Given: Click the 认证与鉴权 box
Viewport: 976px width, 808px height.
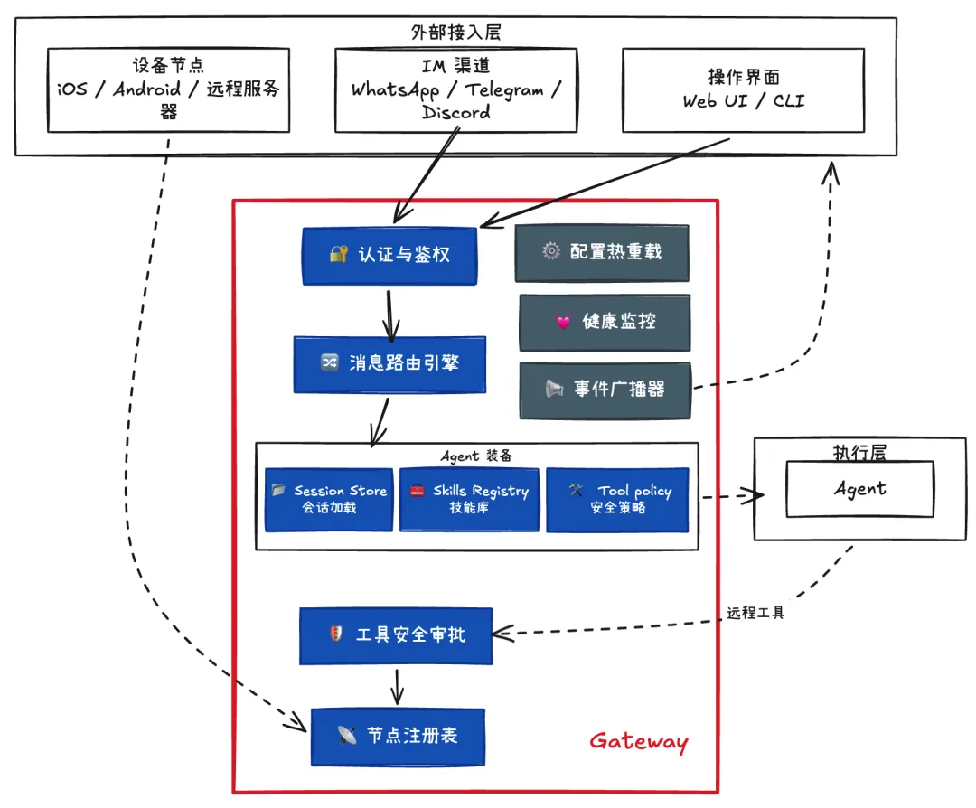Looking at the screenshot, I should pyautogui.click(x=389, y=256).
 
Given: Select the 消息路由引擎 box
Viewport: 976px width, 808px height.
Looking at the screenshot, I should pyautogui.click(x=389, y=364).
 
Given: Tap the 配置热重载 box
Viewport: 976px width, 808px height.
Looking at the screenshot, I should pyautogui.click(x=601, y=252).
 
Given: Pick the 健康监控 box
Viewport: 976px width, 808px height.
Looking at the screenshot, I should pyautogui.click(x=604, y=322).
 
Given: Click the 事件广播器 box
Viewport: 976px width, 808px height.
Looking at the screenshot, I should pyautogui.click(x=604, y=390).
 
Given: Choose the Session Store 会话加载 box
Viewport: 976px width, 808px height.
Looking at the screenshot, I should pyautogui.click(x=329, y=499).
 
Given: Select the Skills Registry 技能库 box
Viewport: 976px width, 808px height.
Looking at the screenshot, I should pyautogui.click(x=469, y=499).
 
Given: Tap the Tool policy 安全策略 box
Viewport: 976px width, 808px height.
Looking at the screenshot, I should pyautogui.click(x=617, y=499).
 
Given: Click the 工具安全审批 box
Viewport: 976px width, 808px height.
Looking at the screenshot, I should pyautogui.click(x=395, y=635).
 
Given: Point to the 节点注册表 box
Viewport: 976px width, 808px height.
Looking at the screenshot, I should pyautogui.click(x=398, y=736).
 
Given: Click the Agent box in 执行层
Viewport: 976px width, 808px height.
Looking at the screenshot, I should pyautogui.click(x=859, y=489).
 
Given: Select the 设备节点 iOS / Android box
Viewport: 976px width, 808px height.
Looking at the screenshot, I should pyautogui.click(x=168, y=89).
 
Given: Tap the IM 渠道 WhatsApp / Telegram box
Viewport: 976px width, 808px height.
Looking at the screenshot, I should pyautogui.click(x=455, y=89).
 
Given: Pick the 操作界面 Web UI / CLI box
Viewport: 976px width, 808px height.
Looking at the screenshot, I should pyautogui.click(x=743, y=89).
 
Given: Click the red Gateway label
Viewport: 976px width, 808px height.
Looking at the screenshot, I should pyautogui.click(x=638, y=743).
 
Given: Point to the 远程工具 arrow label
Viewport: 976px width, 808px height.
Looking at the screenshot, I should pyautogui.click(x=756, y=613).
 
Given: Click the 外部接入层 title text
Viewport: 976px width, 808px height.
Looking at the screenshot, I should pyautogui.click(x=455, y=33).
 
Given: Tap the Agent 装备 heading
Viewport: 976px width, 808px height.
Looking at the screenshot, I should pyautogui.click(x=476, y=456).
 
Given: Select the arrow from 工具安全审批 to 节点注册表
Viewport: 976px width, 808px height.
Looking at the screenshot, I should pyautogui.click(x=396, y=687).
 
